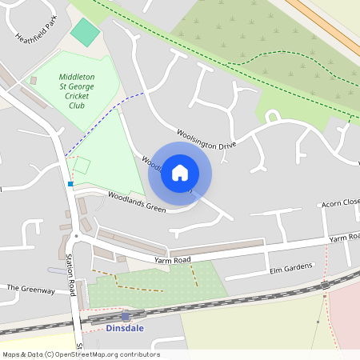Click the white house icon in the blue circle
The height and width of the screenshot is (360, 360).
[180, 172]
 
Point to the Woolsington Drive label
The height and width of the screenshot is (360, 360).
[206, 141]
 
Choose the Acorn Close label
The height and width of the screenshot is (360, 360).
[341, 204]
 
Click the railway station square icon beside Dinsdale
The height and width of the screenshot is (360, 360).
[126, 317]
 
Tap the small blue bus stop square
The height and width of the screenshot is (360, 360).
[70, 184]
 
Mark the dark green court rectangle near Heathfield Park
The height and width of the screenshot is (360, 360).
[85, 33]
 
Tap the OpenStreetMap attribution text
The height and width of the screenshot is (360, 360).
[80, 354]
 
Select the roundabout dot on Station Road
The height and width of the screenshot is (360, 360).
[76, 236]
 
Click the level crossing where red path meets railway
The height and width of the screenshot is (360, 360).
[325, 285]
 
